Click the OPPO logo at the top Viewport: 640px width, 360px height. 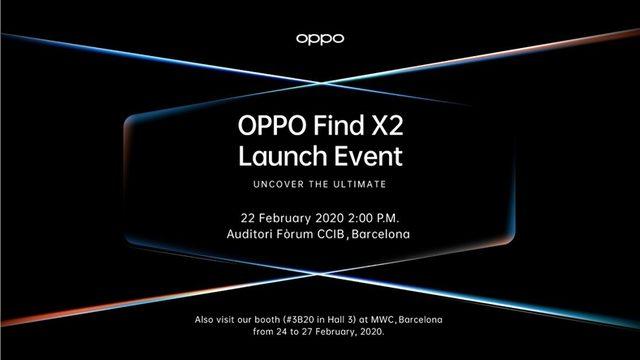[320, 39]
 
